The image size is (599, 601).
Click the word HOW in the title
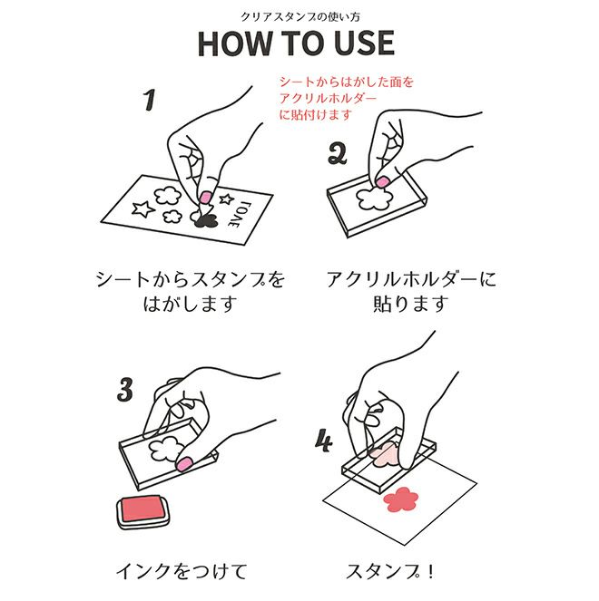[x=234, y=44]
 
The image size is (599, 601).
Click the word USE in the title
[x=364, y=44]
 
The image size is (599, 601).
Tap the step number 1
[x=150, y=100]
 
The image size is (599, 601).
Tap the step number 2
[x=338, y=154]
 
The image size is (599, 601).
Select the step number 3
[x=125, y=390]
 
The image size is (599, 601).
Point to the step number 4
[x=323, y=441]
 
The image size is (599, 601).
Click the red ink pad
[x=142, y=510]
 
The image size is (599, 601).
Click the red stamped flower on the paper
[x=401, y=499]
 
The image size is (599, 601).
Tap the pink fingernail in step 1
[x=206, y=197]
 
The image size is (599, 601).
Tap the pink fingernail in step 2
[x=382, y=181]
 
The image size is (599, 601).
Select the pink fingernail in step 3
[x=184, y=464]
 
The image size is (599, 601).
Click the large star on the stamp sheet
[x=142, y=209]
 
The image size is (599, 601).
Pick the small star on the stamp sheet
[x=226, y=199]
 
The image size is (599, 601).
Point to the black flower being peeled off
[x=205, y=220]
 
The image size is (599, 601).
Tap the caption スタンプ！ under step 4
[x=390, y=571]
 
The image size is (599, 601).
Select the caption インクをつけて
[x=182, y=571]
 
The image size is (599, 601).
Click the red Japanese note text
[x=347, y=98]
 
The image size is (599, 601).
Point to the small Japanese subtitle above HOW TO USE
[x=300, y=17]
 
